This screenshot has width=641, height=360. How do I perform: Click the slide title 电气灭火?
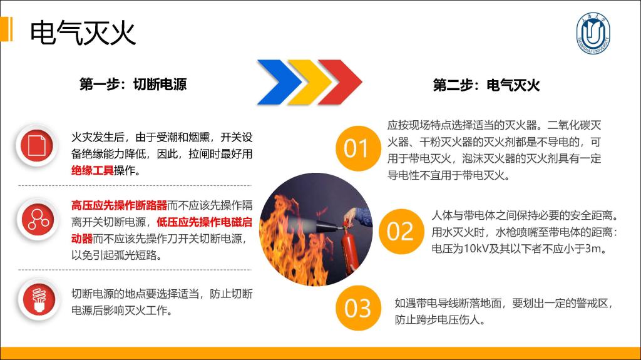[x=83, y=33]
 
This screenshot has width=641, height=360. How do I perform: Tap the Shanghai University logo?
[x=593, y=33]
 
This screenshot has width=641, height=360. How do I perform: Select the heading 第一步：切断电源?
[x=133, y=85]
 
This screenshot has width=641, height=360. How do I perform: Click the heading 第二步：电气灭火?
[x=486, y=85]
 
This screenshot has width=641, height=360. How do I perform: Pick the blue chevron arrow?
[x=279, y=82]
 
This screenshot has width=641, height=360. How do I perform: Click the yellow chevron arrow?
[x=309, y=82]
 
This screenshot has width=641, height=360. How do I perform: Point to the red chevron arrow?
[x=340, y=82]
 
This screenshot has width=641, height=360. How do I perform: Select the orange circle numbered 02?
[x=401, y=231]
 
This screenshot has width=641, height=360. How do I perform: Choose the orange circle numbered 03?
[x=358, y=308]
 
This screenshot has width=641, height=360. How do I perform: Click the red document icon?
[x=37, y=146]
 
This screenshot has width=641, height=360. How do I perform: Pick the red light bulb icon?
[x=39, y=299]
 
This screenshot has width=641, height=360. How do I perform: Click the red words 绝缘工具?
[x=93, y=170]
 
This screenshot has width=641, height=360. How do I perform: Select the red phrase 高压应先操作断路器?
[x=120, y=205]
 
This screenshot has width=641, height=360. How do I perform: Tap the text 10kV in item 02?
[x=476, y=249]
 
